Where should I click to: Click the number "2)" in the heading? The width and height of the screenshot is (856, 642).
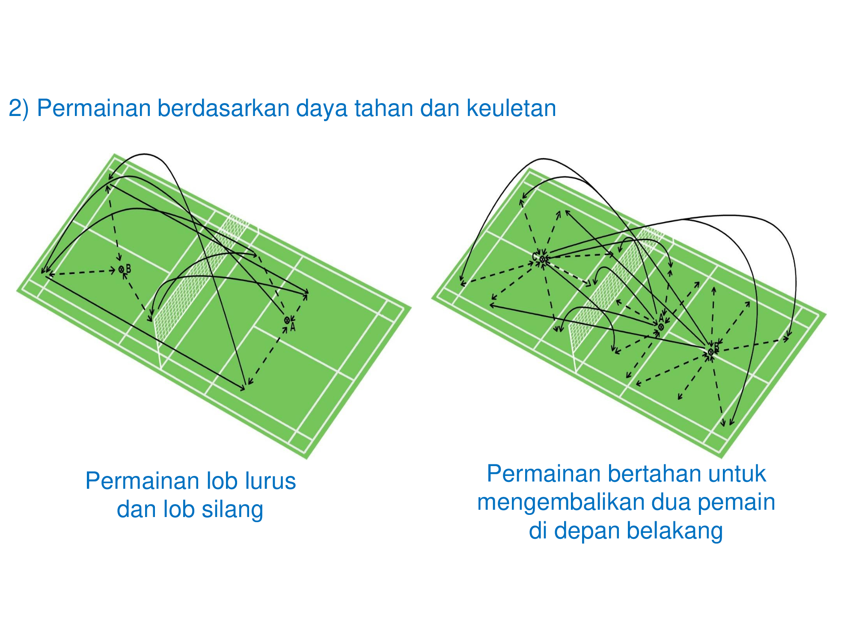tap(19, 108)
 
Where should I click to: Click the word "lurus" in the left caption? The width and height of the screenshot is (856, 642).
tap(270, 481)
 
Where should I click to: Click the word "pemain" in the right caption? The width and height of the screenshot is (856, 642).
tap(736, 503)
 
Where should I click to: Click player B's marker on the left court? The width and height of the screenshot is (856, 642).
tap(122, 269)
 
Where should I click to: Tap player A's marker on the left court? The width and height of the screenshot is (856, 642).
tap(287, 320)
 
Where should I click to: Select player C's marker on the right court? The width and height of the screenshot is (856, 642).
tap(542, 259)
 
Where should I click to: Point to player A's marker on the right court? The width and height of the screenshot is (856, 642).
tap(661, 327)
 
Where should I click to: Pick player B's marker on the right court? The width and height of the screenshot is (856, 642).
tap(711, 352)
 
